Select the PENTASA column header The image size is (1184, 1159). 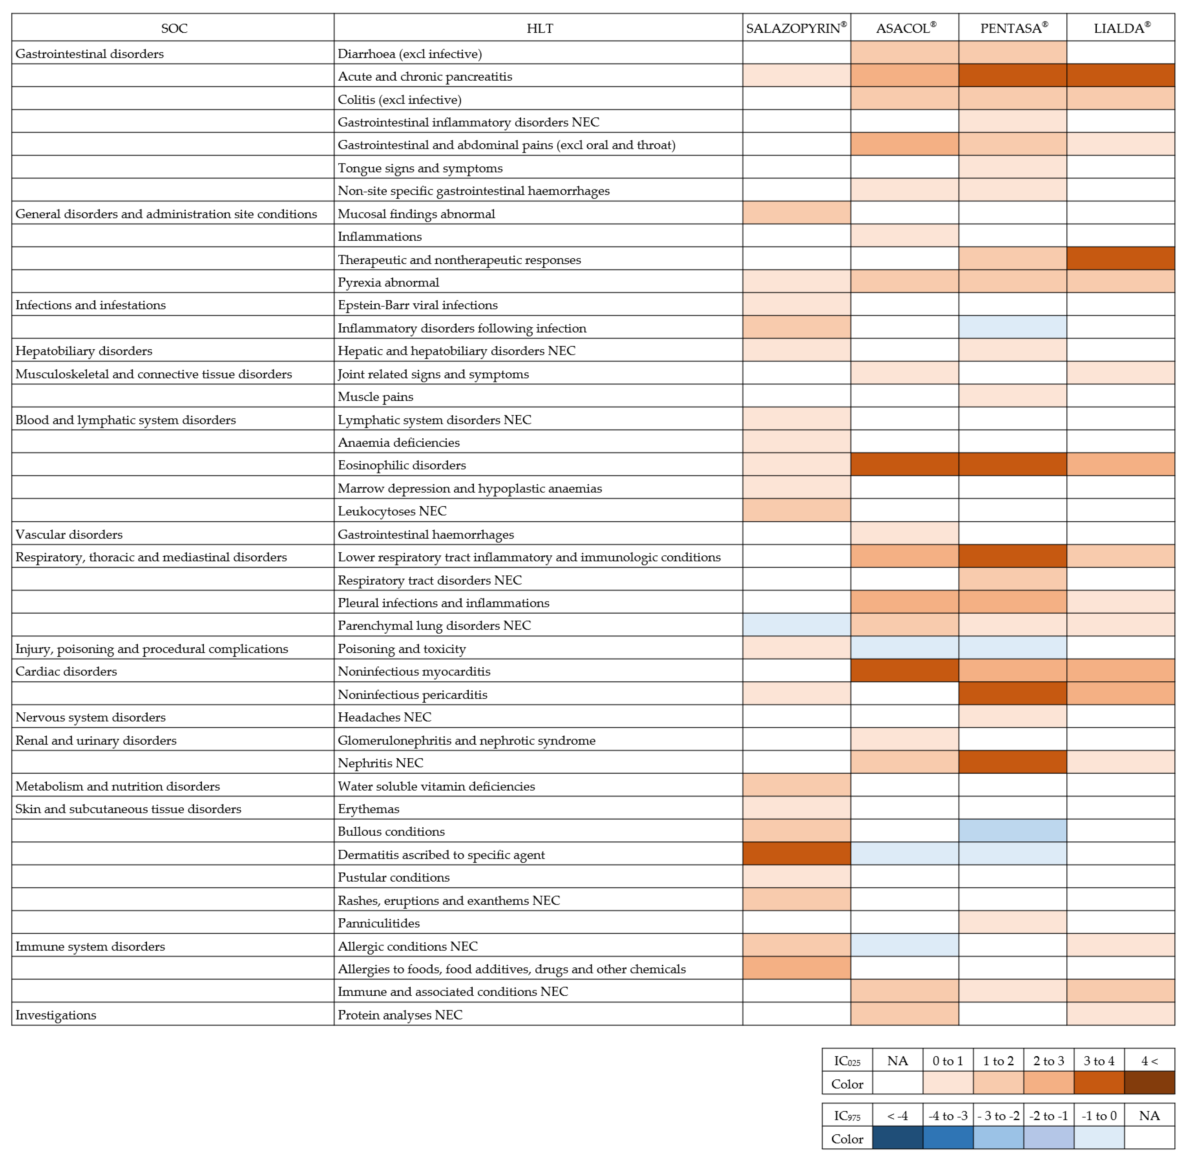tap(1012, 28)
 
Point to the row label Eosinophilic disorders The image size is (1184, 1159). tap(402, 465)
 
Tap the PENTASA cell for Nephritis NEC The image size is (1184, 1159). tap(1012, 762)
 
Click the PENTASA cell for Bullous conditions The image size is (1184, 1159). tap(1012, 831)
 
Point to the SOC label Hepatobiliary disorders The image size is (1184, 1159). tap(83, 351)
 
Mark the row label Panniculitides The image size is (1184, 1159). tap(379, 923)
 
